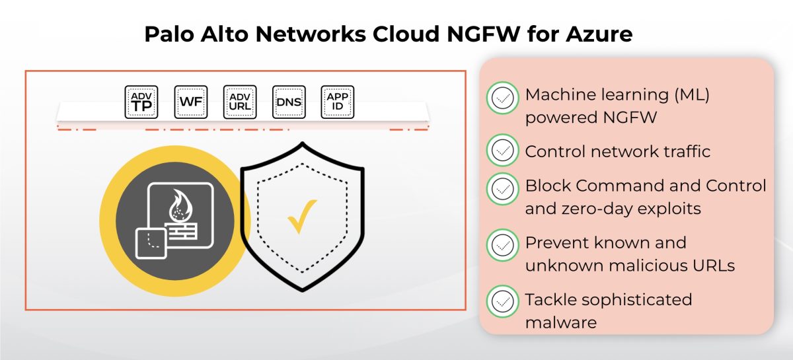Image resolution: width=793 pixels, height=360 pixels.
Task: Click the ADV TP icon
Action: tap(141, 102)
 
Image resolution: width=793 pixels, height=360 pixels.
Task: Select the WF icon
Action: tap(190, 102)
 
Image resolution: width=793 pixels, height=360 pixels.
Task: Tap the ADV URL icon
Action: tap(239, 102)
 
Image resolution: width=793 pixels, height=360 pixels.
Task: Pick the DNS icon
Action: tap(289, 102)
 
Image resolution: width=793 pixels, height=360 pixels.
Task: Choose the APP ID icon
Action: tap(338, 102)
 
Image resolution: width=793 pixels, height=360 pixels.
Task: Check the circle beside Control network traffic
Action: tap(503, 151)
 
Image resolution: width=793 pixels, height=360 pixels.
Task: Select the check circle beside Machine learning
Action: tap(503, 98)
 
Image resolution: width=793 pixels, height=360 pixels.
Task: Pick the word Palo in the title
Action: tap(167, 34)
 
